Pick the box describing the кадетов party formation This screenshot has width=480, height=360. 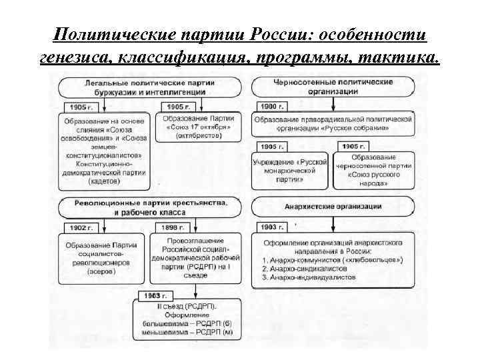point(104,150)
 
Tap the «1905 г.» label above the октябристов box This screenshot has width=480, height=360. point(177,107)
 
